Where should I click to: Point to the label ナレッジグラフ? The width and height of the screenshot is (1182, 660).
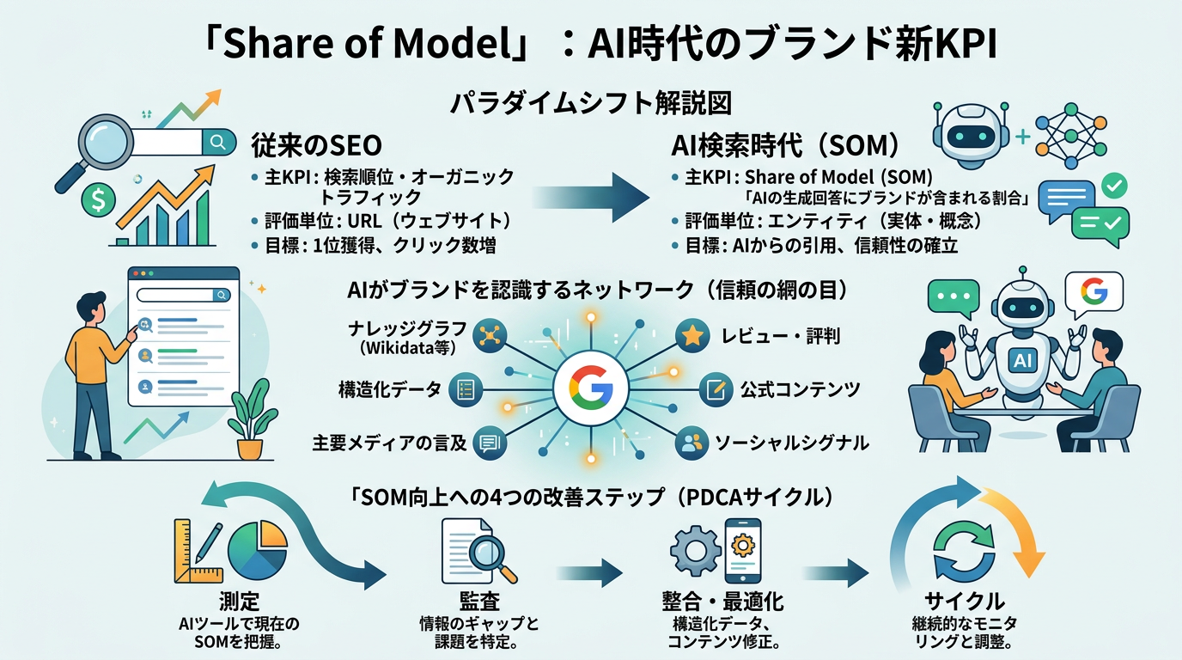click(x=394, y=330)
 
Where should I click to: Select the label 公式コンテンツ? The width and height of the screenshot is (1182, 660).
click(x=800, y=389)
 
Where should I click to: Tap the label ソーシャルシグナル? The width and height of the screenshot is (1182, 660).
click(x=792, y=443)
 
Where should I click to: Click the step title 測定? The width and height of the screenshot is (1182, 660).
click(x=239, y=601)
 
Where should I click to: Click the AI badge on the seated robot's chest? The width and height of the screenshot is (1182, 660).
click(x=1022, y=361)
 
